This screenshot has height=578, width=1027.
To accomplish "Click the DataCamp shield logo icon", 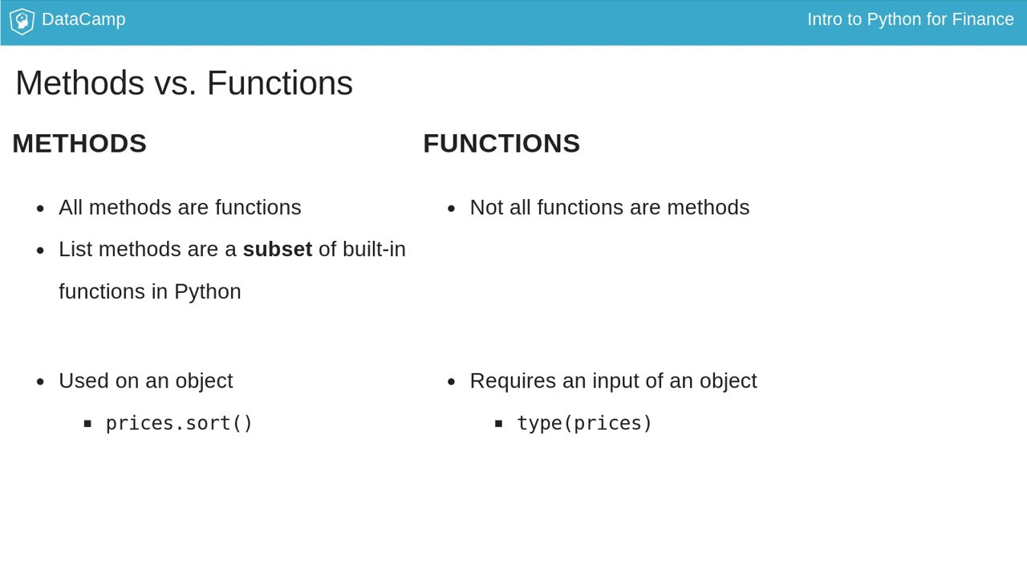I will tap(22, 21).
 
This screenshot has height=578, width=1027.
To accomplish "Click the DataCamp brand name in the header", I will tap(83, 19).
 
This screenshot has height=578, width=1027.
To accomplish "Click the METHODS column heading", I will tap(79, 144).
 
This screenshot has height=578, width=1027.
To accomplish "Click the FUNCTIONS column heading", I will tap(501, 144).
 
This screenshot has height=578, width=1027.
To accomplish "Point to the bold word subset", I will tap(277, 250).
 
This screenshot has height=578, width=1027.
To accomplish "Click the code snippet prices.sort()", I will tap(179, 423).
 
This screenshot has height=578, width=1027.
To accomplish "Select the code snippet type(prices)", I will tap(584, 423).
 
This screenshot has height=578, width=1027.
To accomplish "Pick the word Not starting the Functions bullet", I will tap(486, 208).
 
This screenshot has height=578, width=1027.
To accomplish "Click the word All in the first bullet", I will tap(71, 208).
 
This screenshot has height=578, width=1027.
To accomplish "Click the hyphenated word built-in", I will tap(374, 250).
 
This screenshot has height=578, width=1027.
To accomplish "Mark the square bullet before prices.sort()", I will tap(87, 424).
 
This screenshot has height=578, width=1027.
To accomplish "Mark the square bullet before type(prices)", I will tap(498, 424).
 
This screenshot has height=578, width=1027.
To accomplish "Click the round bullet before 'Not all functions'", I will tap(451, 209).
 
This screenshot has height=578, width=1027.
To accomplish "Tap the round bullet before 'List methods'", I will tap(40, 250).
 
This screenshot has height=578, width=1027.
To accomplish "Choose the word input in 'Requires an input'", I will tap(615, 381).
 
